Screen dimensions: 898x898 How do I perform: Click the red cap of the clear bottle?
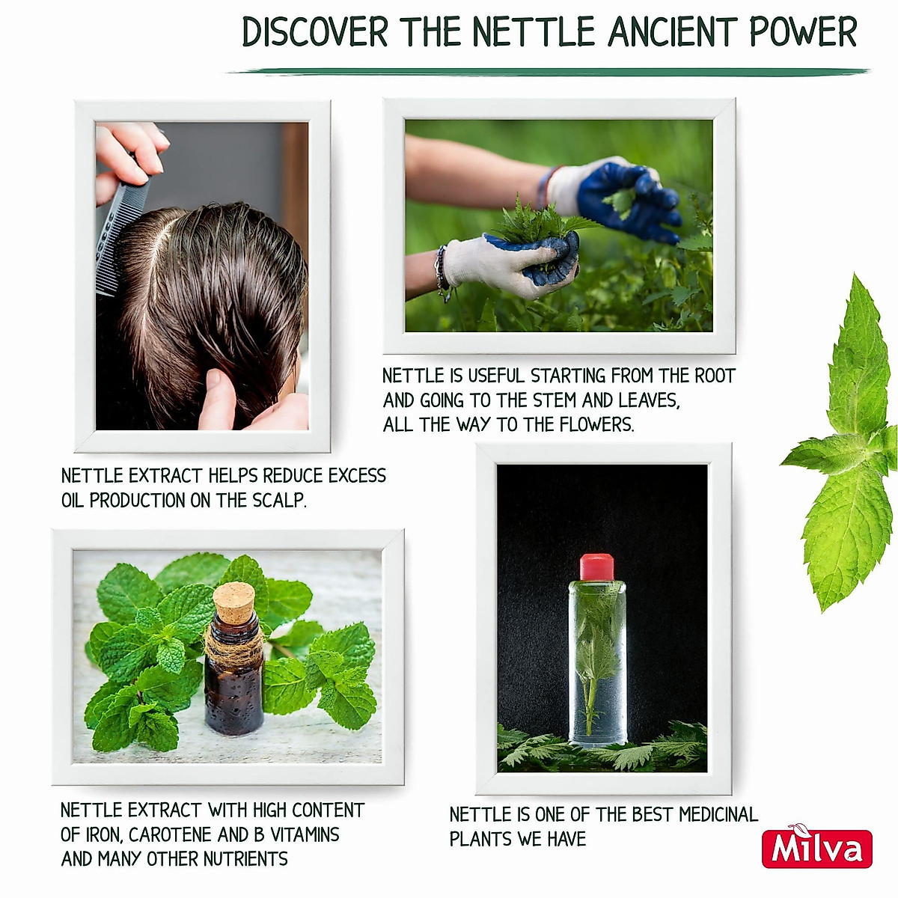pos(596,567)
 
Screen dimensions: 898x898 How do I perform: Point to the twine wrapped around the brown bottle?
pos(233,645)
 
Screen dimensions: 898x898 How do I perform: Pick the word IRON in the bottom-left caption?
pos(103,834)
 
